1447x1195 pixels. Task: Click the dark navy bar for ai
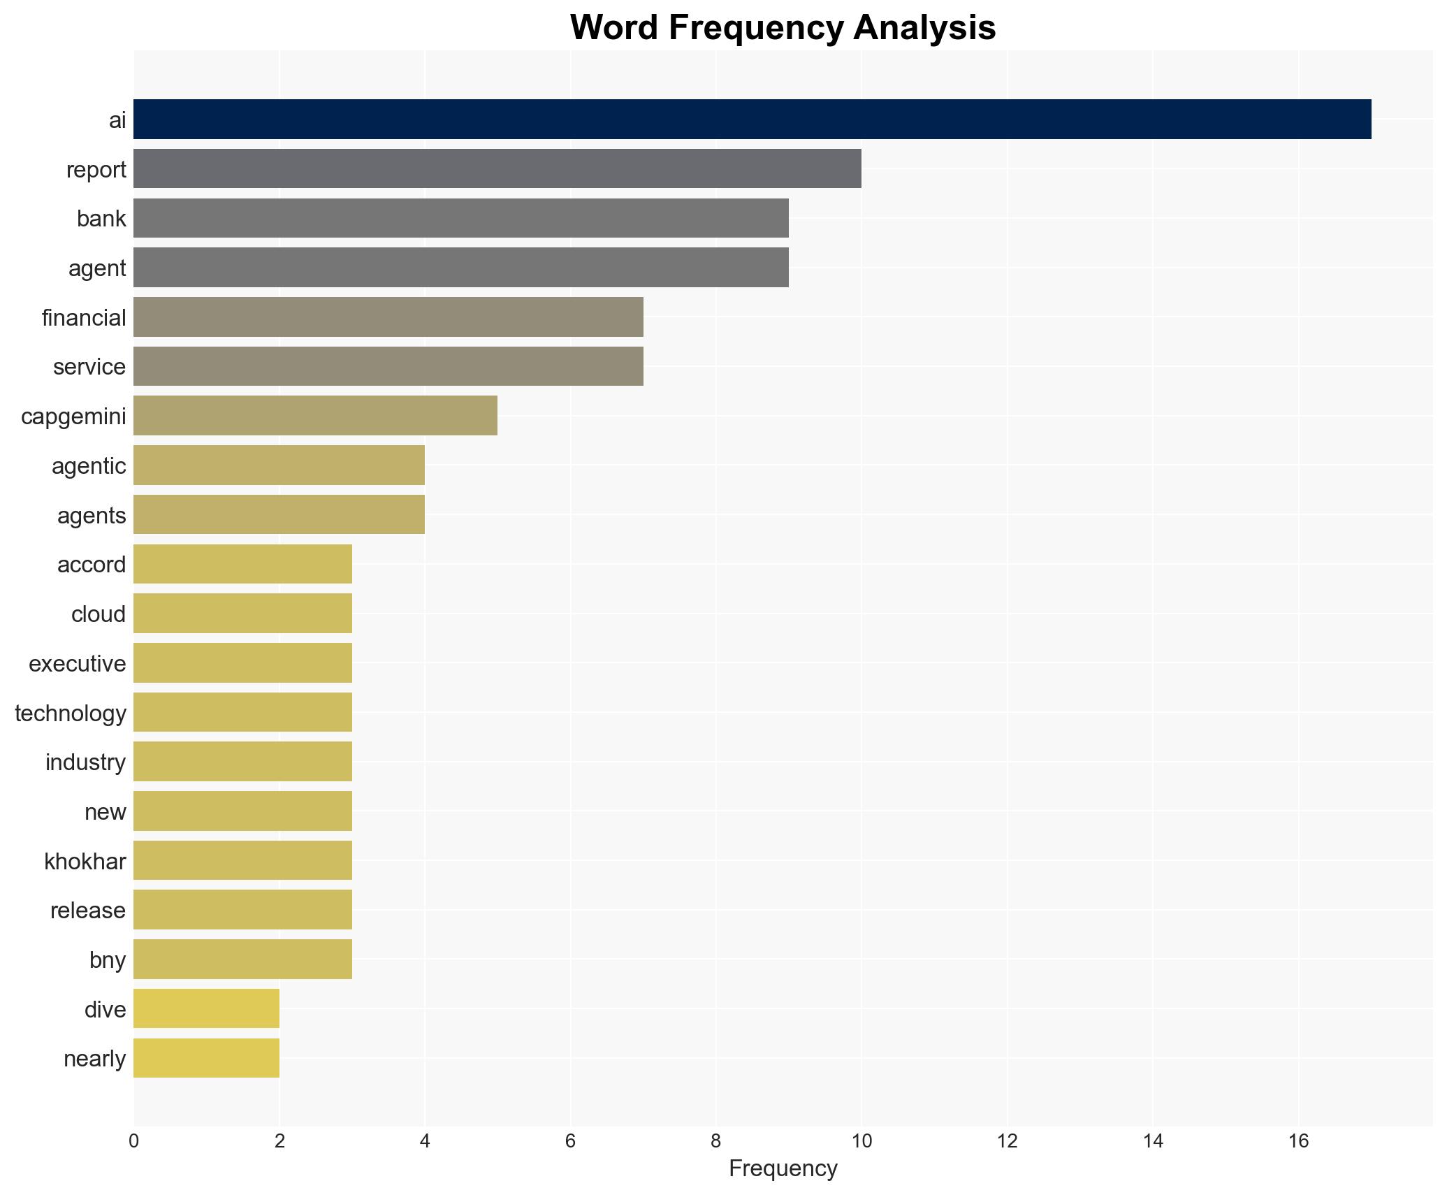[x=752, y=119]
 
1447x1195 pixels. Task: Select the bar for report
[x=497, y=168]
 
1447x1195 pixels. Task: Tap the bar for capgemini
[x=315, y=416]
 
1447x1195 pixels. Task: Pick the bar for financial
[x=388, y=317]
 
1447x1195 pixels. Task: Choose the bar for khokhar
[x=242, y=860]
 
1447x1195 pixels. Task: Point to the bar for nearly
[x=206, y=1058]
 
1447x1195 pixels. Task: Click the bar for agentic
[x=279, y=465]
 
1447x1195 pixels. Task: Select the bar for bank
[x=460, y=218]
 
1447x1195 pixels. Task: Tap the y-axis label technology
[x=71, y=713]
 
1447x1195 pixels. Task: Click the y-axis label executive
[x=78, y=663]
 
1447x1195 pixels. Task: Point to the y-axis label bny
[x=108, y=959]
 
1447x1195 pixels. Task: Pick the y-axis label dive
[x=105, y=1009]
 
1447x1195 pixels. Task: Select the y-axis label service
[x=89, y=366]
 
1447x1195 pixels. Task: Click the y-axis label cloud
[x=99, y=614]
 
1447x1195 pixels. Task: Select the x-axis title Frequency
[x=783, y=1168]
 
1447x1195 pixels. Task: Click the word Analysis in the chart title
[x=924, y=28]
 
